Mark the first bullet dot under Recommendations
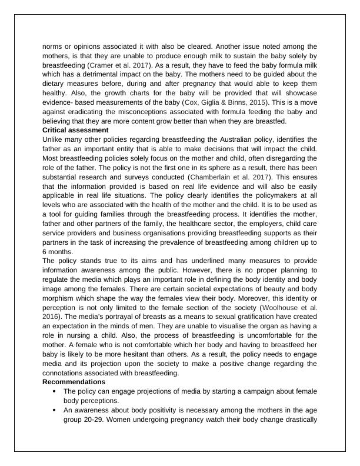[55, 391]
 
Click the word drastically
[296, 420]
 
